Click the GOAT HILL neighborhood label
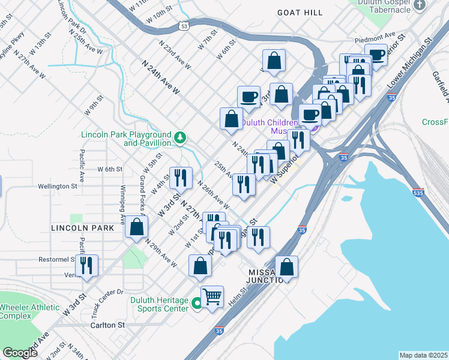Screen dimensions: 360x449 (x=300, y=13)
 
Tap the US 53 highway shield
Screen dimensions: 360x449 (x=184, y=26)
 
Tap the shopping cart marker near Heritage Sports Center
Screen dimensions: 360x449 (x=212, y=296)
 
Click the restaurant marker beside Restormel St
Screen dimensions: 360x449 (x=86, y=265)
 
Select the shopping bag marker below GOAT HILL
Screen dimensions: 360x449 (x=274, y=61)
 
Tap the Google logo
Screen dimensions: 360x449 (x=20, y=353)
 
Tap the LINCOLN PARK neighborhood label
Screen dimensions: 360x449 (x=78, y=228)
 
